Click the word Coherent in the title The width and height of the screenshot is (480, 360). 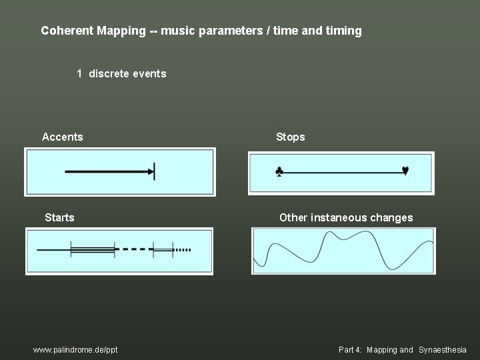(67, 31)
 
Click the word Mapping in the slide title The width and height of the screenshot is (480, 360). (121, 31)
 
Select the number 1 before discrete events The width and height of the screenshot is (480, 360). (79, 73)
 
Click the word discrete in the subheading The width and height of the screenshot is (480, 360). (109, 73)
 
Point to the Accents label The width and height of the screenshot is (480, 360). (63, 137)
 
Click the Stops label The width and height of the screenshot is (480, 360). (290, 137)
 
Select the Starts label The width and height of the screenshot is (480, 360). (59, 217)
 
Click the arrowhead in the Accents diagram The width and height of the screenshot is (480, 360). (149, 171)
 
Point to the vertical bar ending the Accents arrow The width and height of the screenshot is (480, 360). (155, 171)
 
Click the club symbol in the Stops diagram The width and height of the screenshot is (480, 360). (279, 172)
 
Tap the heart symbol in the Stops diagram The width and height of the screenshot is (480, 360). (405, 171)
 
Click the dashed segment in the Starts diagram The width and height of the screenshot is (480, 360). (134, 249)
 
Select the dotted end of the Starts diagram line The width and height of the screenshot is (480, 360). (183, 250)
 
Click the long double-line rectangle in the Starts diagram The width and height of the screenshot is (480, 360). (93, 249)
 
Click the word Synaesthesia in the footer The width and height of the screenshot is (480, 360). (442, 350)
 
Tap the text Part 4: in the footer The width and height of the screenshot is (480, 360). (351, 350)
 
